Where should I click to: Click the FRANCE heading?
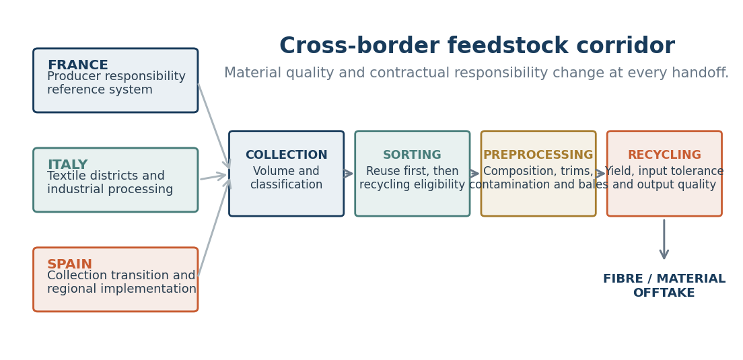point(77,65)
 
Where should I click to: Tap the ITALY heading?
point(67,164)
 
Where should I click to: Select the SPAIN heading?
point(70,264)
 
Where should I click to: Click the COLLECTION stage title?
point(286,155)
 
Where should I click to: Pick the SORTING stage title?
point(413,155)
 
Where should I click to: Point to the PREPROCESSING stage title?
point(538,155)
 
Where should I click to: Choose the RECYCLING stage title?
point(664,155)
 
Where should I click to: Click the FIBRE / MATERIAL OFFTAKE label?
point(664,285)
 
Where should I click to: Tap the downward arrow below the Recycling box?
point(664,239)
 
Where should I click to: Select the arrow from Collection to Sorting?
point(349,174)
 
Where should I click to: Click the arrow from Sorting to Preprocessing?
point(474,174)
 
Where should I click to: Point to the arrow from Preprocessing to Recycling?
point(601,174)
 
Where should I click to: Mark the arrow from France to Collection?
point(214,126)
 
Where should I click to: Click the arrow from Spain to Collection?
point(214,227)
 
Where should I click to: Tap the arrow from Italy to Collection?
point(214,177)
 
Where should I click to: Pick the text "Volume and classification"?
point(286,178)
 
